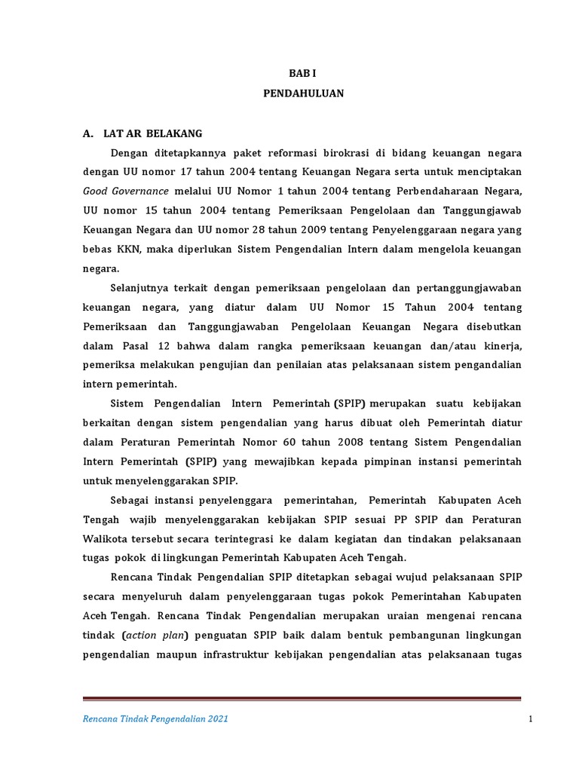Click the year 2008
[x=357, y=442]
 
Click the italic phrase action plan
[x=155, y=635]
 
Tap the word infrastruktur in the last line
[x=237, y=654]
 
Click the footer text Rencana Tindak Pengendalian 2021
[x=155, y=719]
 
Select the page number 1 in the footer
[x=531, y=719]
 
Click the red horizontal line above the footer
[x=302, y=698]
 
